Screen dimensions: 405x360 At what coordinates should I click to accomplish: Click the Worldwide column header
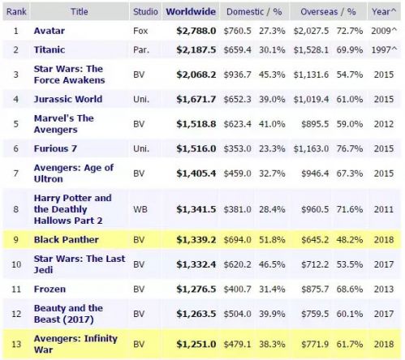coord(191,11)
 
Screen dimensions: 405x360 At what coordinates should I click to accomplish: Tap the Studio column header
coord(145,11)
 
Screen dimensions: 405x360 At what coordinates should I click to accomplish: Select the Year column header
coord(384,11)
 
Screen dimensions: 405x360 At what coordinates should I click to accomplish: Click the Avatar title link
coord(50,31)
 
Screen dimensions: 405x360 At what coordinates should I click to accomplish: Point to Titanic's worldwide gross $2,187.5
coord(196,49)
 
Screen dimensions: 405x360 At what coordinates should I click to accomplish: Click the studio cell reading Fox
coord(140,31)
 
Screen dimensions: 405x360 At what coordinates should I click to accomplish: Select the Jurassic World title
coord(68,99)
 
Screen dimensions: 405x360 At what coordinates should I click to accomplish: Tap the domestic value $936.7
coord(237,75)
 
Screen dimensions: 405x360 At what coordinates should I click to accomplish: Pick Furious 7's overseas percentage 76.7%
coord(350,148)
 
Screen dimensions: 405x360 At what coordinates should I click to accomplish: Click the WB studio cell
coord(140,209)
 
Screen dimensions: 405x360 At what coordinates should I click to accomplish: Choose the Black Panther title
coord(66,240)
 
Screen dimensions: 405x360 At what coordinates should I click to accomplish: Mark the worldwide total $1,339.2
coord(196,240)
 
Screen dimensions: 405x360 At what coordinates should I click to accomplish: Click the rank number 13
coord(16,344)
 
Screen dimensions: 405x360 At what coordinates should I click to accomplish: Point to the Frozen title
coord(50,289)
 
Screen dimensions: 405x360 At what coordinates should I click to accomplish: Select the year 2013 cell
coord(384,289)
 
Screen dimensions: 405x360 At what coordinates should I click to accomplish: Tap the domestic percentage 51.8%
coord(272,240)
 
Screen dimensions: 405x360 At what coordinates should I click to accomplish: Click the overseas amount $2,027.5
coord(311,31)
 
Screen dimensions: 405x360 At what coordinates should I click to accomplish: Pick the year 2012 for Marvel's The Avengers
coord(384,124)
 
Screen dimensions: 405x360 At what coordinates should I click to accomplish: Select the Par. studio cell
coord(141,49)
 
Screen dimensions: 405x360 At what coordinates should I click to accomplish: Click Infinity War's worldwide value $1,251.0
coord(196,344)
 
